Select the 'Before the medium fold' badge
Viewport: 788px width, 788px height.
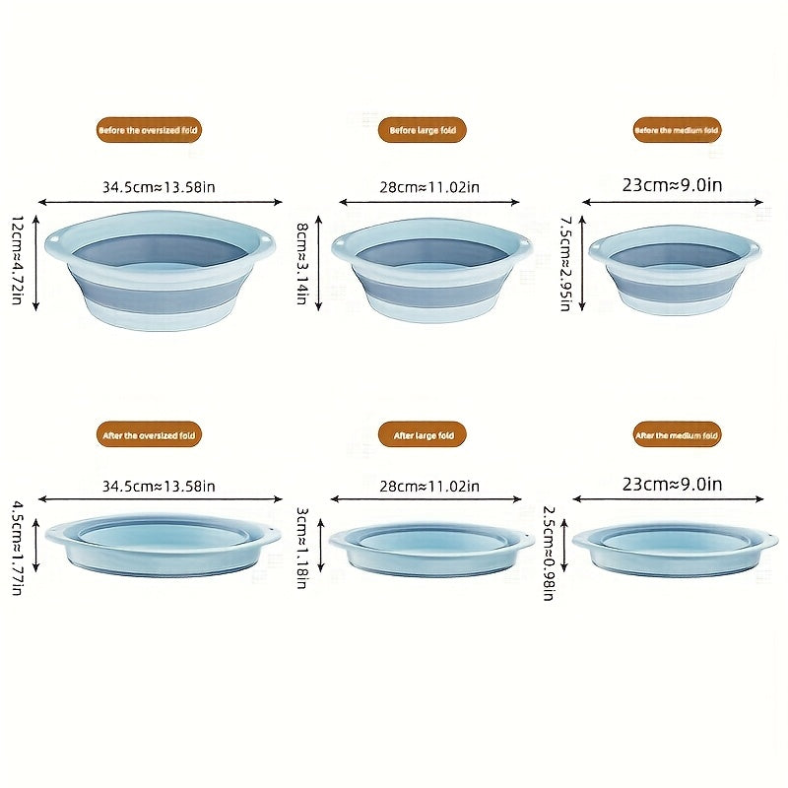pos(677,130)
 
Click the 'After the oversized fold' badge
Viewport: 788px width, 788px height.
pos(150,434)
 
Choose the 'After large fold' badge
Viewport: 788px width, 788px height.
pos(422,434)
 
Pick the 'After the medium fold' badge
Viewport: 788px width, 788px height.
pos(677,434)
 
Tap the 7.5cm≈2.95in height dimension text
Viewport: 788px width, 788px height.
pos(565,263)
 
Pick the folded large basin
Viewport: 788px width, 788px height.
pos(432,549)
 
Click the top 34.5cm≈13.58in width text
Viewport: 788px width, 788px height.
pos(159,186)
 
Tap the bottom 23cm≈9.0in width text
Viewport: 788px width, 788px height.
pos(673,484)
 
